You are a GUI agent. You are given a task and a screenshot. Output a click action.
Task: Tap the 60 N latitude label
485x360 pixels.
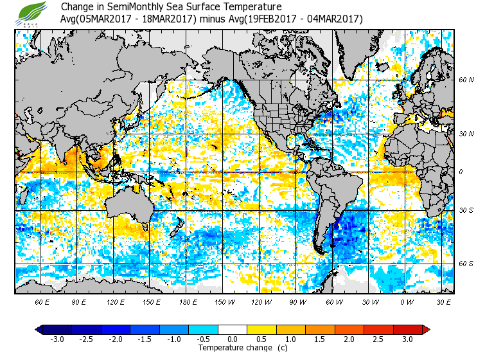[466, 80]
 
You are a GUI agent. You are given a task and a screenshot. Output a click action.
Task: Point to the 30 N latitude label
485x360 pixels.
[466, 133]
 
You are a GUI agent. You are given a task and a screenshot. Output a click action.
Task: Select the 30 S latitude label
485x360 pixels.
[466, 210]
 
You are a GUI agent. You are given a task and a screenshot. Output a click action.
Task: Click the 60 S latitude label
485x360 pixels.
[466, 264]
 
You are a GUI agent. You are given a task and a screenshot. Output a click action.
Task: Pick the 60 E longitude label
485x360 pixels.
[42, 301]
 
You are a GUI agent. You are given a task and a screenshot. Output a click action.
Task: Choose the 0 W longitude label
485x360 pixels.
[407, 301]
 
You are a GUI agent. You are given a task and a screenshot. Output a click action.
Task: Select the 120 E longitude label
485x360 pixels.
[115, 301]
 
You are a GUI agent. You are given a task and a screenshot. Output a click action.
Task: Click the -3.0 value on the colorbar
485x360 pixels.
[57, 339]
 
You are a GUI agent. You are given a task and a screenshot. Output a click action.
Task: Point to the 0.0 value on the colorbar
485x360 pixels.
[233, 339]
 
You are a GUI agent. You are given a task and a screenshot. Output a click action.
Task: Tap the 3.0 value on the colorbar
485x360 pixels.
[408, 339]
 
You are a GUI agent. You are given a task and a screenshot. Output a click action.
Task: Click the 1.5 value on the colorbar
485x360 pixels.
[321, 339]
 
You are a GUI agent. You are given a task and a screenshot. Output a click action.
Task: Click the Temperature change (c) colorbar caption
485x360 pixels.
[233, 348]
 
